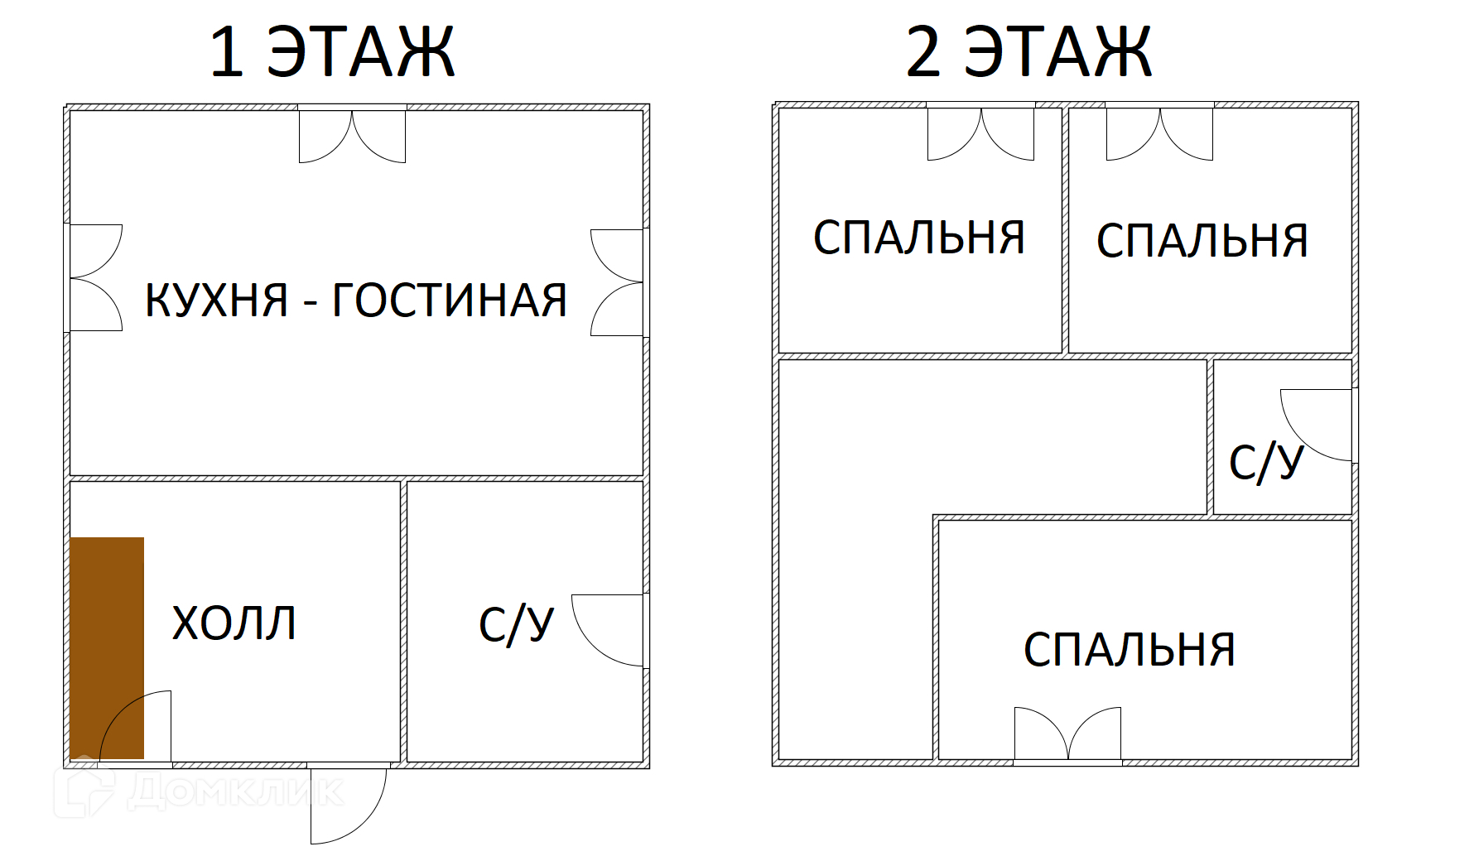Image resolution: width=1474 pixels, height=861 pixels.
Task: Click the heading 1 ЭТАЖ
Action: tap(332, 52)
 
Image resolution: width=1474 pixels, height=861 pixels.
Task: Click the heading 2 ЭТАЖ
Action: tap(1029, 52)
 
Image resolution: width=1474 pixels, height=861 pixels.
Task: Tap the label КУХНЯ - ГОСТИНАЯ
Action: tap(356, 300)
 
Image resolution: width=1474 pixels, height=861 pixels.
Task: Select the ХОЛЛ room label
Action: tap(234, 623)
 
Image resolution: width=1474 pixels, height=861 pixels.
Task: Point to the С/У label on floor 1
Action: tap(516, 625)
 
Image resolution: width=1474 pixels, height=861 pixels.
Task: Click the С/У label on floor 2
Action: tap(1266, 463)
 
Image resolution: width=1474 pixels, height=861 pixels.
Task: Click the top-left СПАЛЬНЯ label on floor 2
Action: tap(919, 238)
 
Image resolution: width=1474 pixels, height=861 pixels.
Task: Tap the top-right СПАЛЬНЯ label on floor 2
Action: tap(1202, 241)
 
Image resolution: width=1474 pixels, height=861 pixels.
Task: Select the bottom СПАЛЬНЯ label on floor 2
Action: tap(1130, 650)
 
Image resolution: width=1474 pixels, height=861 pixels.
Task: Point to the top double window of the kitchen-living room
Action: tap(352, 134)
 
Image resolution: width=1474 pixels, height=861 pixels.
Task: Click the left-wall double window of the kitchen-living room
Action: tap(94, 277)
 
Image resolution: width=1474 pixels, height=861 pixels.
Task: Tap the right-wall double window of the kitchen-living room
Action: tap(618, 282)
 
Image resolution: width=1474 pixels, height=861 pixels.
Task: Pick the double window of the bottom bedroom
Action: tap(1067, 735)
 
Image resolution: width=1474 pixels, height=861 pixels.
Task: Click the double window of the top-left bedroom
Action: tap(980, 132)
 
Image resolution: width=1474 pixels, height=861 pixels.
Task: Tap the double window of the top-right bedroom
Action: tap(1159, 132)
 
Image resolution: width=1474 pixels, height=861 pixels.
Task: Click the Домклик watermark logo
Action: tap(199, 791)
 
